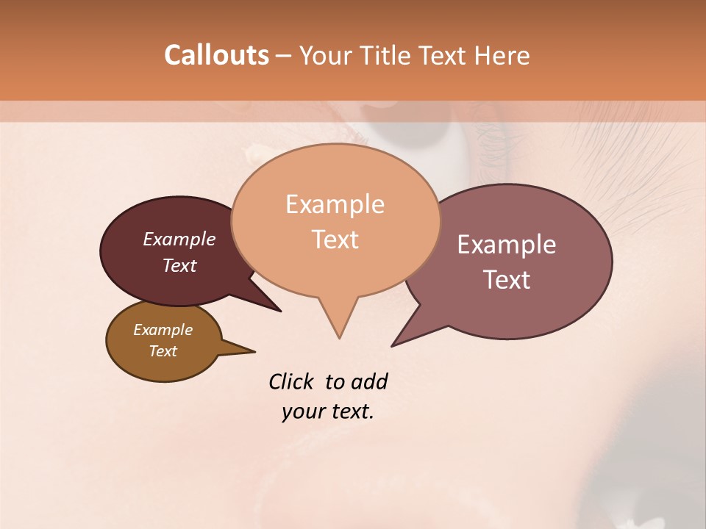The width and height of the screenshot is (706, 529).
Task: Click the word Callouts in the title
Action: point(216,56)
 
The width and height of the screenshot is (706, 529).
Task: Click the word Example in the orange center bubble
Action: point(335,204)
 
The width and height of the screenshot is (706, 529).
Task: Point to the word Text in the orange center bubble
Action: point(335,240)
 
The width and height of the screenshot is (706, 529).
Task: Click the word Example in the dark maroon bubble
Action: point(179,240)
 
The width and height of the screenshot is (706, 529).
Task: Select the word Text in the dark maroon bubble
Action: point(179,265)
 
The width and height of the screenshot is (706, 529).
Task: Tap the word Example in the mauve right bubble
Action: point(507,245)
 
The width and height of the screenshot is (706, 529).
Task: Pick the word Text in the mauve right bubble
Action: point(507,280)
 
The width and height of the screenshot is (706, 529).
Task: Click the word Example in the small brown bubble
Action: point(163,330)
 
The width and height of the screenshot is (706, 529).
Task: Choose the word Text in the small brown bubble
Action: point(163,351)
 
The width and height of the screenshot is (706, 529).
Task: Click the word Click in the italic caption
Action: point(293,382)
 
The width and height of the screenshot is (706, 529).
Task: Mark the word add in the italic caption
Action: point(368,382)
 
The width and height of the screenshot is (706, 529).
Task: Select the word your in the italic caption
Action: point(302,411)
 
